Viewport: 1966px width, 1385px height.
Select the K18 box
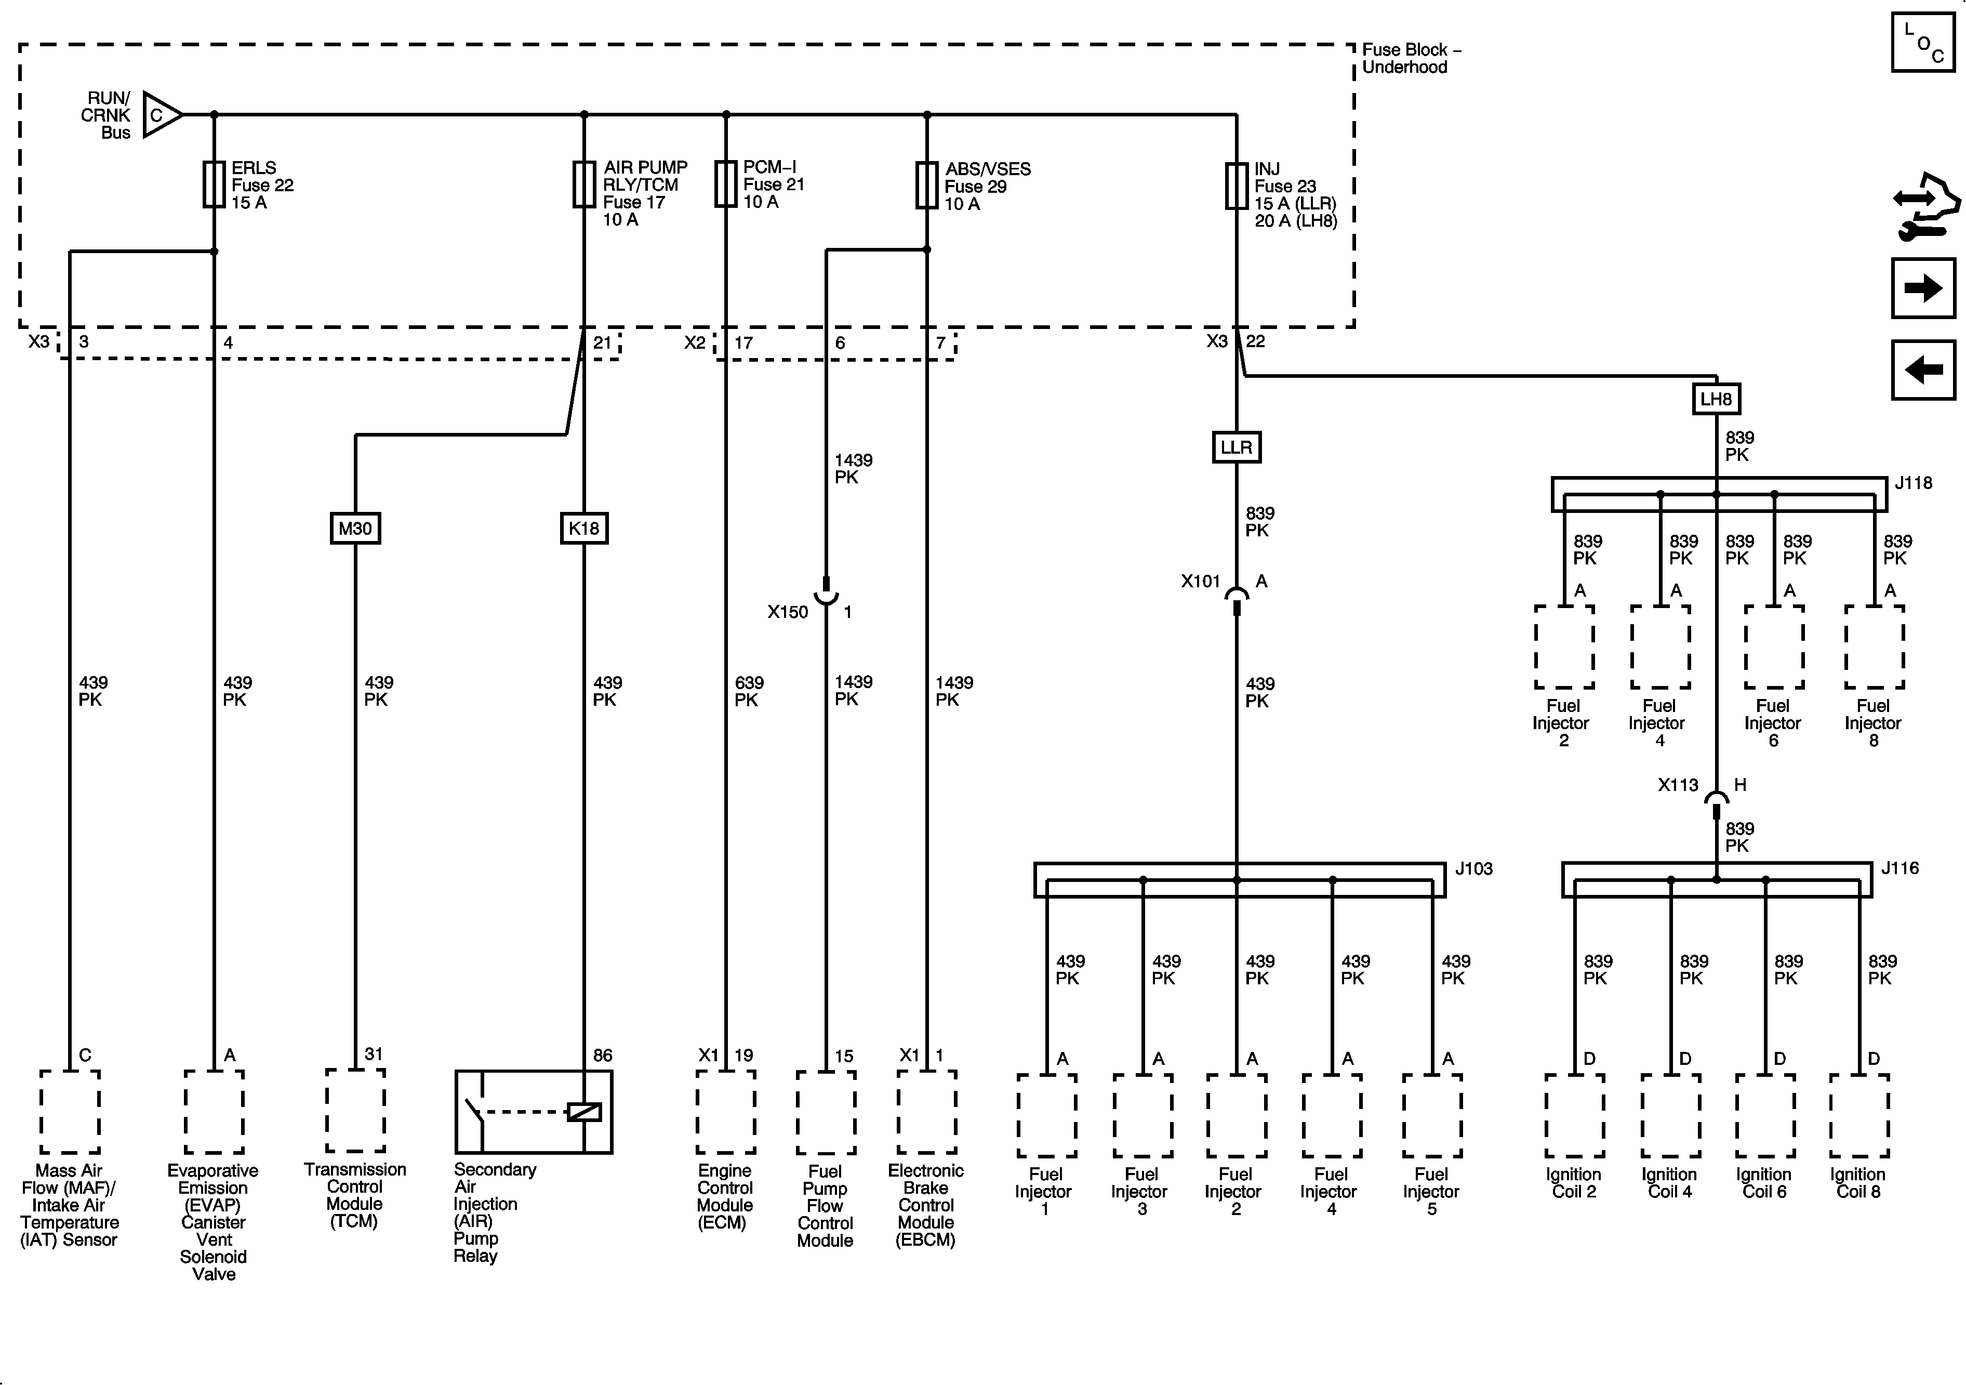click(x=584, y=529)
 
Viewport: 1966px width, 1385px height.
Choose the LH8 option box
click(x=1716, y=399)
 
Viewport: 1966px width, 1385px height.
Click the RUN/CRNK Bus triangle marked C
click(x=160, y=115)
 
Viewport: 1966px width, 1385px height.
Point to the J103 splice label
click(x=1473, y=868)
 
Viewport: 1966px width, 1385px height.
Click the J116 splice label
click(x=1900, y=868)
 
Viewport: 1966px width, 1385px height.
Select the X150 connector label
click(x=787, y=612)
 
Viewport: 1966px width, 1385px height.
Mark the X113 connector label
click(x=1678, y=785)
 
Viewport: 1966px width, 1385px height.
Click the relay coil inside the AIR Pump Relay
click(x=584, y=1112)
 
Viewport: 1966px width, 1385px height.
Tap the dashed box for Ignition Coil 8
click(x=1859, y=1115)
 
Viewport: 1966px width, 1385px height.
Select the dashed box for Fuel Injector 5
click(x=1432, y=1115)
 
